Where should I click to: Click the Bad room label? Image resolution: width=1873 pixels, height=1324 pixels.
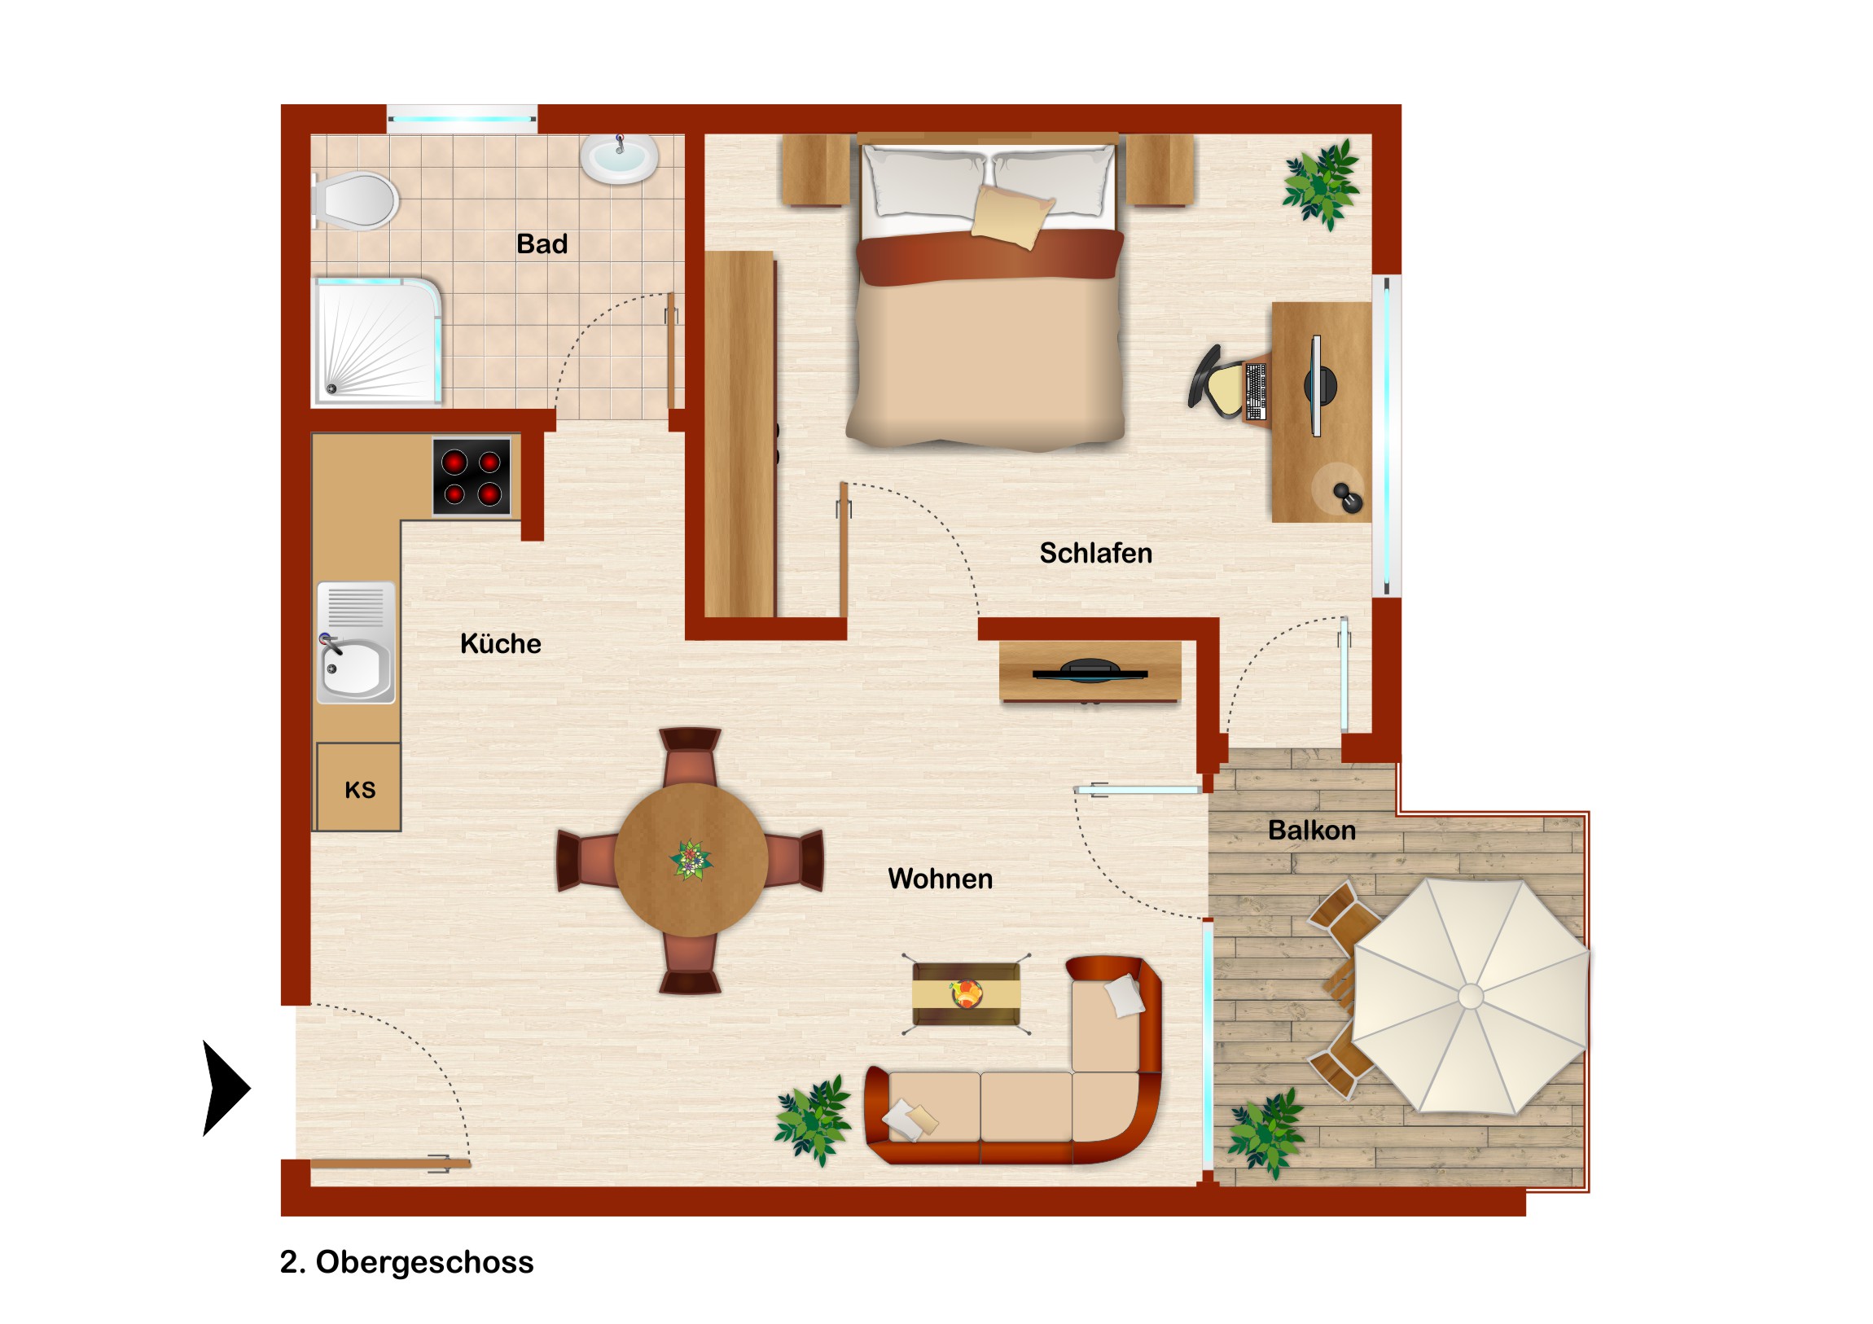pos(542,244)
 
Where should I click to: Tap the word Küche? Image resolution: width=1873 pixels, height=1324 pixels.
pos(501,643)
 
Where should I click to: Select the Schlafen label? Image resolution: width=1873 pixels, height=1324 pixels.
pos(1095,553)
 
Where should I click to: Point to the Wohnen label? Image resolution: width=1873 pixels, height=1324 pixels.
pos(941,879)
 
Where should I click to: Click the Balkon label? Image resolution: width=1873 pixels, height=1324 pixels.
pos(1312,831)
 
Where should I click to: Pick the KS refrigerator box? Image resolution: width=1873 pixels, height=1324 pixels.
pos(359,787)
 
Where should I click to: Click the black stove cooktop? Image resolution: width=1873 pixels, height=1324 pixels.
pos(472,477)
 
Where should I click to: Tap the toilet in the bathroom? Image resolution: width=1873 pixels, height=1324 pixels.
pos(355,199)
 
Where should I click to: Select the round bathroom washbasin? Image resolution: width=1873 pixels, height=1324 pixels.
pos(619,157)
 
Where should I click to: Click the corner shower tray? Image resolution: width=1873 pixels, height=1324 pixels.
pos(379,340)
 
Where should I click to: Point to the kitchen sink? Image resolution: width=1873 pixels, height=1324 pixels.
pos(356,642)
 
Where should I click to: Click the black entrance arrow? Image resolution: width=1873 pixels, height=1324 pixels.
pos(225,1088)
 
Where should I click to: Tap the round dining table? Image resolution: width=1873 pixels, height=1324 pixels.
pos(691,860)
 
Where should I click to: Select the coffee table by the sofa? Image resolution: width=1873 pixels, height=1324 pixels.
pos(967,993)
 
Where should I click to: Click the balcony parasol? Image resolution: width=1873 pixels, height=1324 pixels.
pos(1471,996)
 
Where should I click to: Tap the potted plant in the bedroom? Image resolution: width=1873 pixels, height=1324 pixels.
pos(1321,184)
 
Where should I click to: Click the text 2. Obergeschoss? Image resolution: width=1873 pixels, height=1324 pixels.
pos(406,1261)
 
